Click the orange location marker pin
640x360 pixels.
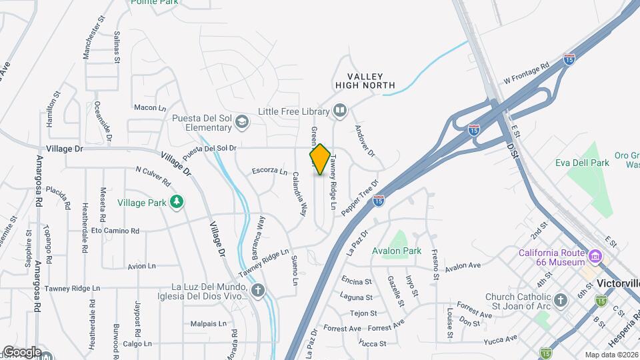320,159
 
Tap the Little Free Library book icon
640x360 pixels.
340,111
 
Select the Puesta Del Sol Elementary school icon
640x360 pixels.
241,121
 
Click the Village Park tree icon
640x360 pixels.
176,201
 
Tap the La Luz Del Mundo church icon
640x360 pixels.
257,289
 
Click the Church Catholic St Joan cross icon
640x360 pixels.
560,299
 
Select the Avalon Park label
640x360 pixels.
397,251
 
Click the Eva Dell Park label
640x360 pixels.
582,163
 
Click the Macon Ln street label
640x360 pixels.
150,107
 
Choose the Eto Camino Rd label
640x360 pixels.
115,231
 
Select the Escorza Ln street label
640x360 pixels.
269,171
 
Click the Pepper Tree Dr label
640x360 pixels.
360,197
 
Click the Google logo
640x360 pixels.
21,351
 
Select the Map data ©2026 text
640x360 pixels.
611,355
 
